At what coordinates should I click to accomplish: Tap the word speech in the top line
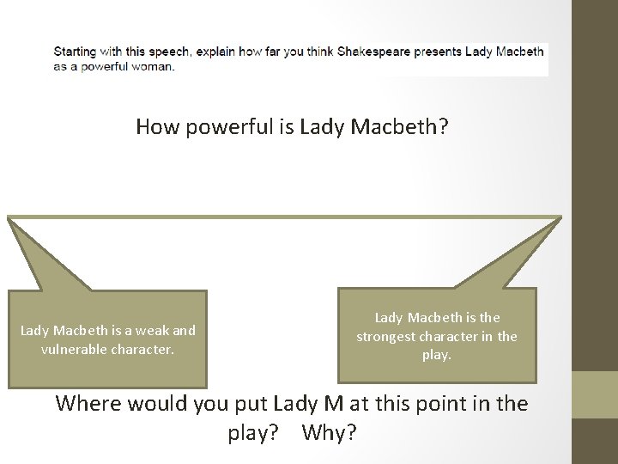(x=168, y=52)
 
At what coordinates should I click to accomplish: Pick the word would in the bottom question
(x=163, y=403)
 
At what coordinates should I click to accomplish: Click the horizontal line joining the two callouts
(x=284, y=217)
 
